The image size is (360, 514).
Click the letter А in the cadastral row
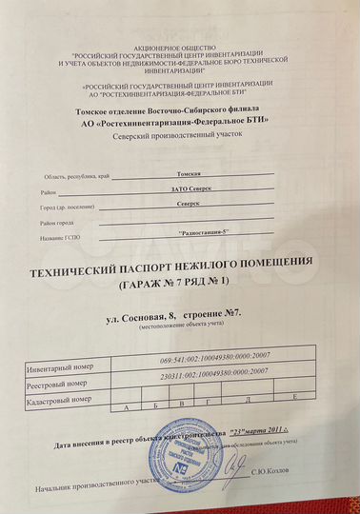click(125, 406)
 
